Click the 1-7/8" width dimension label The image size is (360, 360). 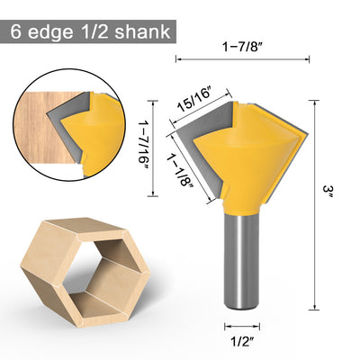(242, 47)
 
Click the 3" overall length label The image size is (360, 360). (328, 192)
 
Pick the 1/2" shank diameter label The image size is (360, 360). (242, 341)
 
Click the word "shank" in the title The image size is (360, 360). (142, 31)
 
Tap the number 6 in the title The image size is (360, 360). (16, 31)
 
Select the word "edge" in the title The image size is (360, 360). (50, 32)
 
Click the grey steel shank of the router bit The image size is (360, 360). (242, 261)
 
